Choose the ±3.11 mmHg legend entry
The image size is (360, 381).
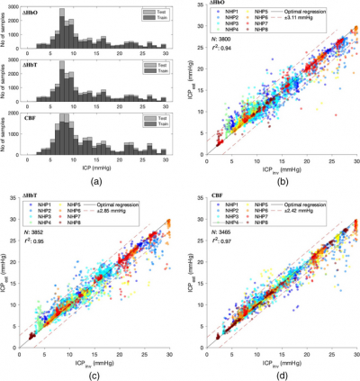[310, 22]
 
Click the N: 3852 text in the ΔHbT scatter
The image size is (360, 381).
[38, 240]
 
